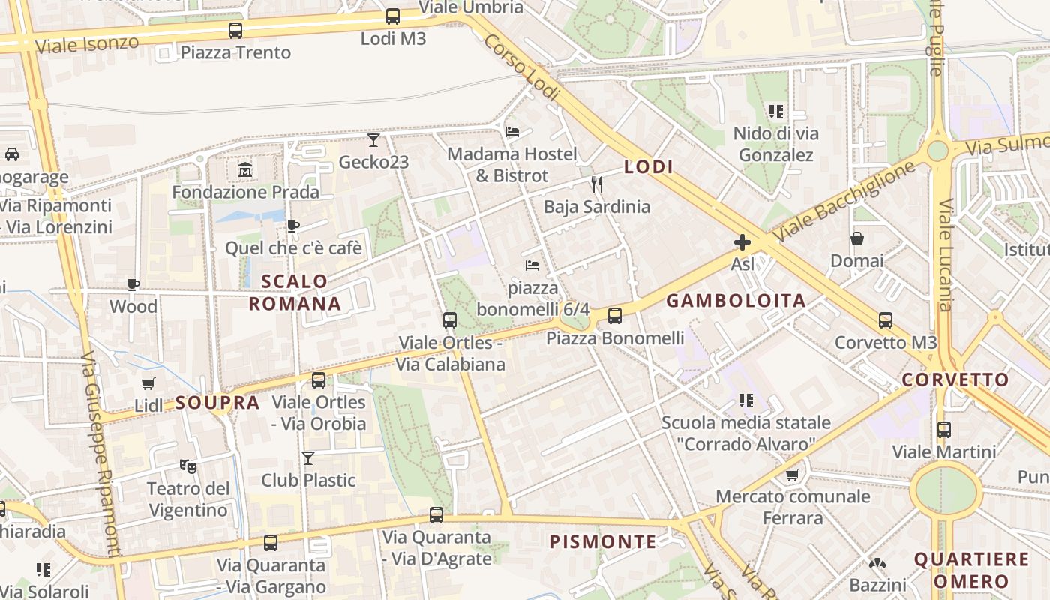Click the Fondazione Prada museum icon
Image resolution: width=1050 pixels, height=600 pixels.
(245, 170)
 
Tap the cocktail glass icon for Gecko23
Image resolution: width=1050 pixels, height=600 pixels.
(373, 140)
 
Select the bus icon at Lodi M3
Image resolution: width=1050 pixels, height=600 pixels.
(393, 16)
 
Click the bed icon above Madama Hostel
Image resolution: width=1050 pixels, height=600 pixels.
(512, 132)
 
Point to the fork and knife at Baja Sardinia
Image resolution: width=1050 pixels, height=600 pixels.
(597, 184)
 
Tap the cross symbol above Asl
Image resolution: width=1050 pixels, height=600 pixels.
(742, 242)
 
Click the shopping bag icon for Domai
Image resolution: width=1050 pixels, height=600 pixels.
(856, 238)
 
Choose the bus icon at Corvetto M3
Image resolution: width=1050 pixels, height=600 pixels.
(886, 320)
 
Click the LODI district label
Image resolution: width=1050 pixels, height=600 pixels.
(649, 167)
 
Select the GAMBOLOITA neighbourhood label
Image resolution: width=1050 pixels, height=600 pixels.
(736, 301)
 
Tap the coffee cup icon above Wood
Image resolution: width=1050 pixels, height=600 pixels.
(133, 284)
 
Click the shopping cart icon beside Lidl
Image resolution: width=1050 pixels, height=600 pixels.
(148, 384)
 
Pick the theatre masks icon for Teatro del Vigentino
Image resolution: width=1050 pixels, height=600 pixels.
(187, 466)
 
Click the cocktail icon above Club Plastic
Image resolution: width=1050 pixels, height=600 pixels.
(307, 457)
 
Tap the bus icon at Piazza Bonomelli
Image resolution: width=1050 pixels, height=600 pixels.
(615, 316)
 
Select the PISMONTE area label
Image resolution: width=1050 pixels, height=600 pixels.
(602, 541)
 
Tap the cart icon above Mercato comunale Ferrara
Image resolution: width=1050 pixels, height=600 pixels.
(793, 475)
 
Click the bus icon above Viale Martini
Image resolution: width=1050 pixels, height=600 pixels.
(943, 430)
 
